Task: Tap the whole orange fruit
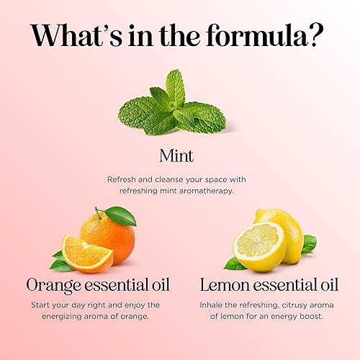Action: [109, 236]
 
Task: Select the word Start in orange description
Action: [47, 305]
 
